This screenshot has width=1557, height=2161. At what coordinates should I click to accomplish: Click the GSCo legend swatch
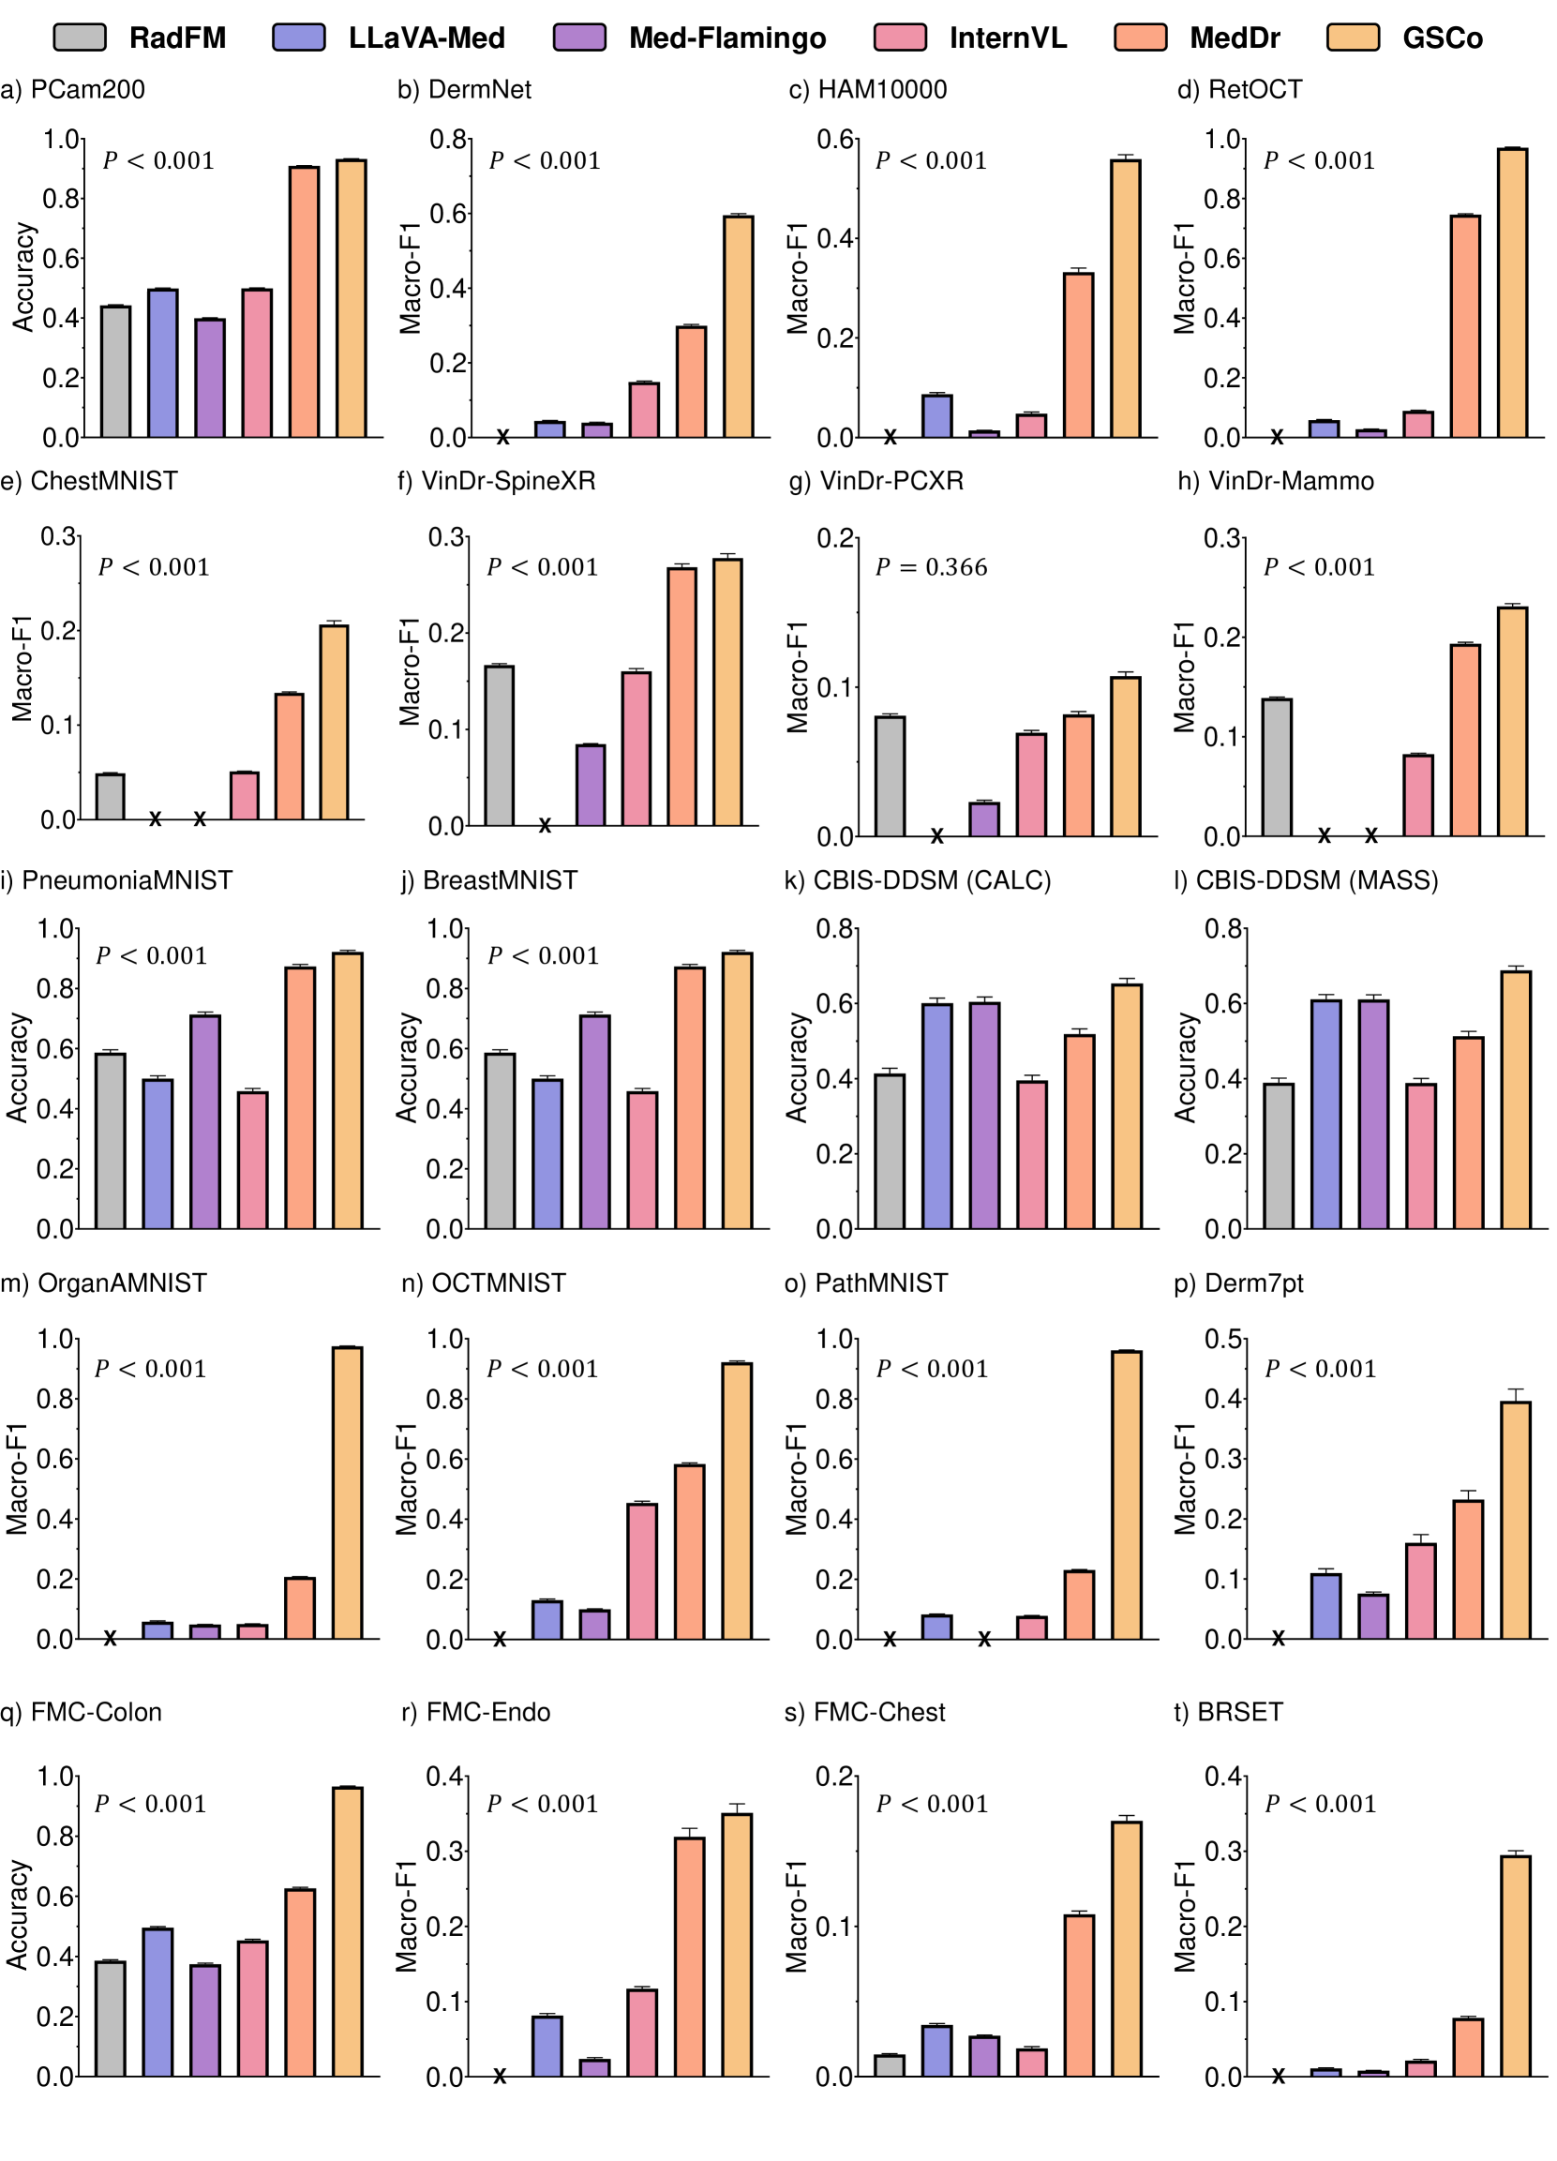(x=1352, y=38)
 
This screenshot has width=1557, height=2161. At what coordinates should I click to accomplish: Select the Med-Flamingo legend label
(x=727, y=38)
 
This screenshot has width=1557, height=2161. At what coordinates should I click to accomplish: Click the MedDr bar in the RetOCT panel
(x=1464, y=326)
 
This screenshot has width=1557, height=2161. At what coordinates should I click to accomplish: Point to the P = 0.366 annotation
(x=931, y=568)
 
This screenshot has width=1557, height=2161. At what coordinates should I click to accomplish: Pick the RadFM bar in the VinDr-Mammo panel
(x=1277, y=768)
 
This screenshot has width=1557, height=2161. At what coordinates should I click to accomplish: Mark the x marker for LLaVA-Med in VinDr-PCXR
(x=936, y=836)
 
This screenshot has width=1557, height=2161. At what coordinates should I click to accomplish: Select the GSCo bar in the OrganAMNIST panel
(x=347, y=1493)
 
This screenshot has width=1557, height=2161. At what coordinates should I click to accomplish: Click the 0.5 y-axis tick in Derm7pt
(x=1223, y=1340)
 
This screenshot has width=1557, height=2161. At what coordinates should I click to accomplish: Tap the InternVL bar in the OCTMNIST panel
(x=642, y=1571)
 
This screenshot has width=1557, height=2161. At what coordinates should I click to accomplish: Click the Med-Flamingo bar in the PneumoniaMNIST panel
(x=205, y=1121)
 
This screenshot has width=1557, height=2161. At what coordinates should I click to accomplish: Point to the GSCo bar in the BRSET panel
(x=1515, y=1966)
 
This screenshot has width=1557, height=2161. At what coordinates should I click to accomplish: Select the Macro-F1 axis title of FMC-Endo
(x=407, y=1915)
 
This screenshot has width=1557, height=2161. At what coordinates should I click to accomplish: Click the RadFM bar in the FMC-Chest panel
(x=890, y=2065)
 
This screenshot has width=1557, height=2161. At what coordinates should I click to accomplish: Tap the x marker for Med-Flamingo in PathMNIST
(x=984, y=1640)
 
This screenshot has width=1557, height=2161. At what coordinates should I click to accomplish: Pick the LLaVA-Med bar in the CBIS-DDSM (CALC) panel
(x=936, y=1116)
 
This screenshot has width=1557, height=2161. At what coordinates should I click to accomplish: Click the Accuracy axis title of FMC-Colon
(x=17, y=1915)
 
